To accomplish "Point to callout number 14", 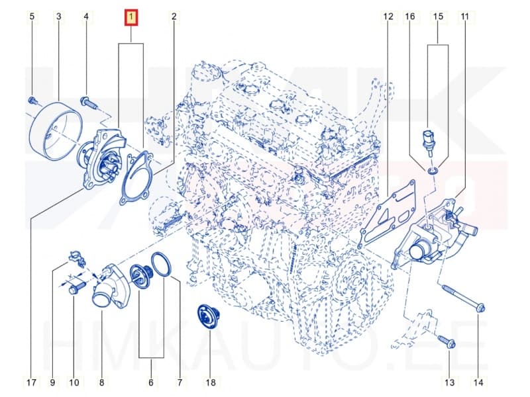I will click(x=478, y=382).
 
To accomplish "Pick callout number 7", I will click(x=179, y=382).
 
